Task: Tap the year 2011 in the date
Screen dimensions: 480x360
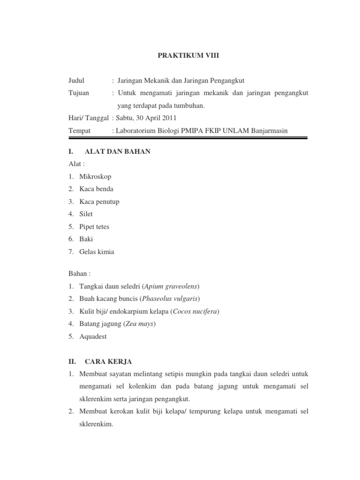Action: click(x=169, y=118)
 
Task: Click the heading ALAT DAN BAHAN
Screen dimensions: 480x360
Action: click(x=117, y=152)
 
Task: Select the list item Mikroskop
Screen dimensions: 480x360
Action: click(x=96, y=176)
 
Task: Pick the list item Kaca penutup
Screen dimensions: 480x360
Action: click(x=99, y=202)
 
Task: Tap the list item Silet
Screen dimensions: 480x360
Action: click(x=86, y=214)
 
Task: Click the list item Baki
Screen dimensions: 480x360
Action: click(x=86, y=239)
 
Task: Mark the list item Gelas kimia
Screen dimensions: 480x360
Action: click(x=97, y=252)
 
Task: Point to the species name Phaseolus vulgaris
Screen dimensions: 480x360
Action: click(x=169, y=299)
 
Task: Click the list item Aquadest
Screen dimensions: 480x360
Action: click(x=93, y=337)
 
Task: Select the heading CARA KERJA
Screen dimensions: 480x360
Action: click(x=108, y=361)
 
